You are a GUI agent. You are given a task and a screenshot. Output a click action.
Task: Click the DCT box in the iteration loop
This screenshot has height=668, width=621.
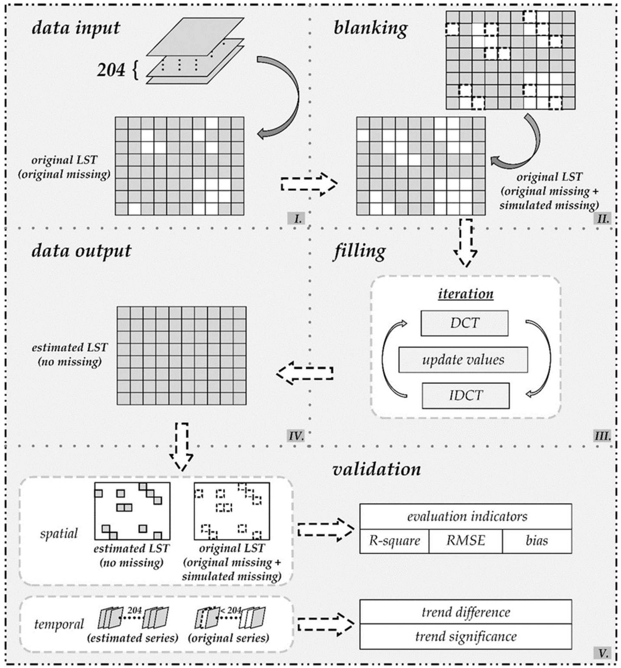[x=464, y=323]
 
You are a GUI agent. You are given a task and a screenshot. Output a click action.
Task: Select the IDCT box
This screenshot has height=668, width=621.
[x=465, y=396]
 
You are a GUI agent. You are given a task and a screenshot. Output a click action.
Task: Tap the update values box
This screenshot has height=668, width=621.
[x=463, y=359]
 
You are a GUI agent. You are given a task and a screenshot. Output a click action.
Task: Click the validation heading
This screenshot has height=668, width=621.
[x=376, y=469]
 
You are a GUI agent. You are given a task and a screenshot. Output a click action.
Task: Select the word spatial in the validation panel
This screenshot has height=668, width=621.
[x=59, y=533]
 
